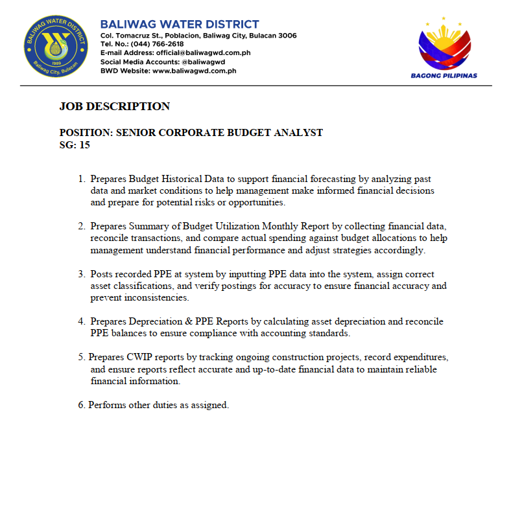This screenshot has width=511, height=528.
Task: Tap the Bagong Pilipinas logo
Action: click(444, 48)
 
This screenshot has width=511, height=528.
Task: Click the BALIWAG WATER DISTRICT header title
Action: click(180, 25)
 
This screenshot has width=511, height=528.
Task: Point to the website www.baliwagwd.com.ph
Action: click(194, 71)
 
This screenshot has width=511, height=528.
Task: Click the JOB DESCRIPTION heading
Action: click(115, 107)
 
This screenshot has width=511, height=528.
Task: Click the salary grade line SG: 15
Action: click(75, 145)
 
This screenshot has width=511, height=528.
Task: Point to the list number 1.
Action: click(81, 179)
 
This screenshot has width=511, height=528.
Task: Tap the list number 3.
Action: click(81, 274)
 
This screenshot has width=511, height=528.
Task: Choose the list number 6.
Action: click(81, 405)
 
